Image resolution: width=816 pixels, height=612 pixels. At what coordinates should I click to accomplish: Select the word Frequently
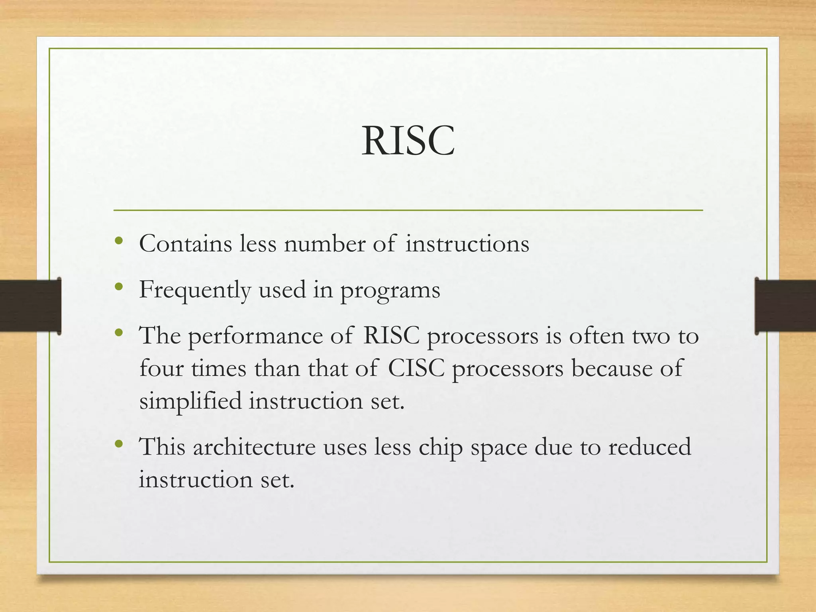click(195, 290)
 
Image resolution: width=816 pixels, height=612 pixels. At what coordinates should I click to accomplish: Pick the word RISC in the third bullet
click(391, 335)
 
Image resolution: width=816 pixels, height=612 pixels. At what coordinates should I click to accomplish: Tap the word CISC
click(416, 368)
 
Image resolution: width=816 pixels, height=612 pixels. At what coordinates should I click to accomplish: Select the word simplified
click(190, 401)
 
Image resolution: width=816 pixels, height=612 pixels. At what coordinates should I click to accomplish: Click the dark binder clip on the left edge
click(30, 306)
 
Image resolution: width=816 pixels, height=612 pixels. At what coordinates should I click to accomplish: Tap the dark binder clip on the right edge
click(785, 306)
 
